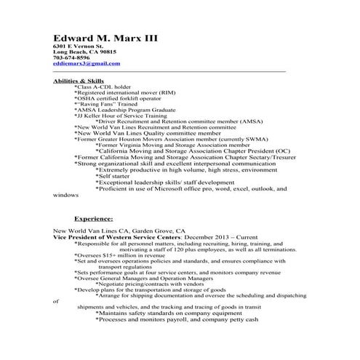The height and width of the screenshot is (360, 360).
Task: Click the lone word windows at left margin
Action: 65,195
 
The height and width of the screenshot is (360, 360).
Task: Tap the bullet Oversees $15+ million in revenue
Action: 120,255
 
